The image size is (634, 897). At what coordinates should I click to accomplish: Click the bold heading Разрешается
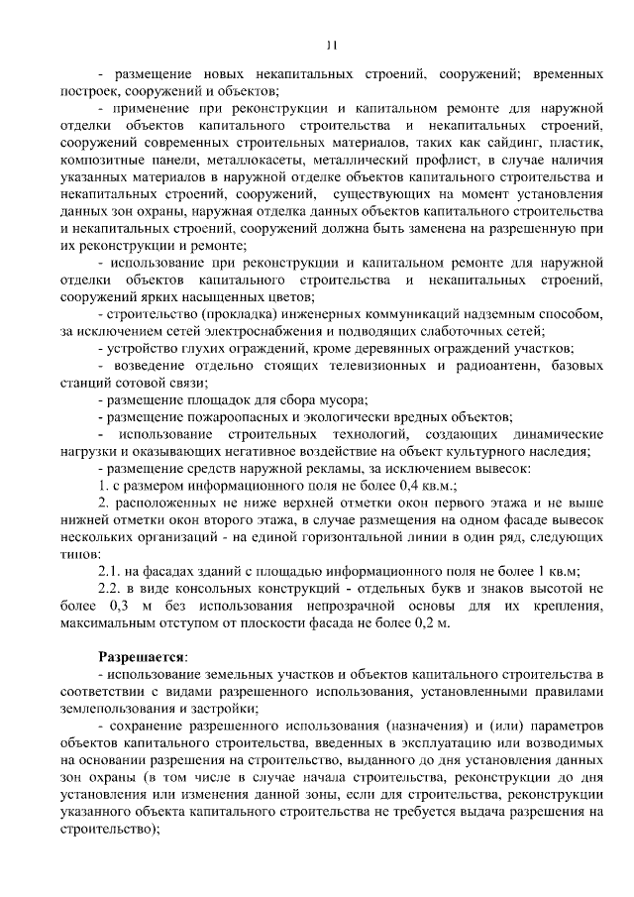[x=141, y=656]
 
